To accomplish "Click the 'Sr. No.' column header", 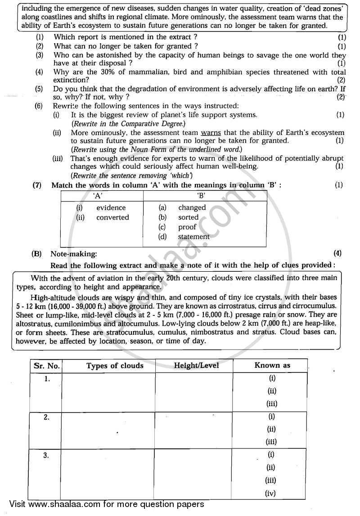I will click(x=46, y=366).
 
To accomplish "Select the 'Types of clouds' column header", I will click(x=115, y=366).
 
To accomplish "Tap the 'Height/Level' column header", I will click(x=196, y=366).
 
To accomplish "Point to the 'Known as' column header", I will click(x=272, y=365).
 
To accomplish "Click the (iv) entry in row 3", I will click(x=271, y=493).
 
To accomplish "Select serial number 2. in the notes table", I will click(x=46, y=417).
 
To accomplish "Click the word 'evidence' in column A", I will click(x=111, y=207).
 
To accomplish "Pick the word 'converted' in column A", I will click(x=112, y=217).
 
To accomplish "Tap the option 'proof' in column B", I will click(x=187, y=227).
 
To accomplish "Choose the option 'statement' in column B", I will click(x=193, y=237).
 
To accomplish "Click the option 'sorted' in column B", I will click(x=188, y=217).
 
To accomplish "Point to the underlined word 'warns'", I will click(x=211, y=132).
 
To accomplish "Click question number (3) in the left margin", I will click(x=40, y=55).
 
